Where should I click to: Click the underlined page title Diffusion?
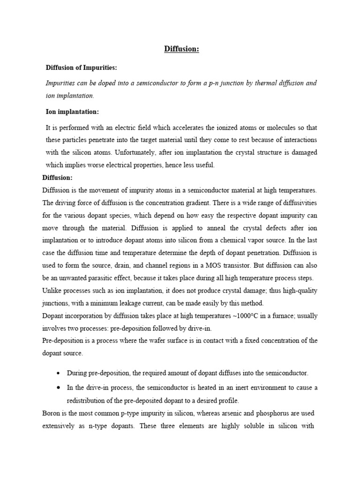(x=181, y=49)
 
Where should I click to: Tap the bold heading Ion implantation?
(x=72, y=112)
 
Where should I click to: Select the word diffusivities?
(x=294, y=202)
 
